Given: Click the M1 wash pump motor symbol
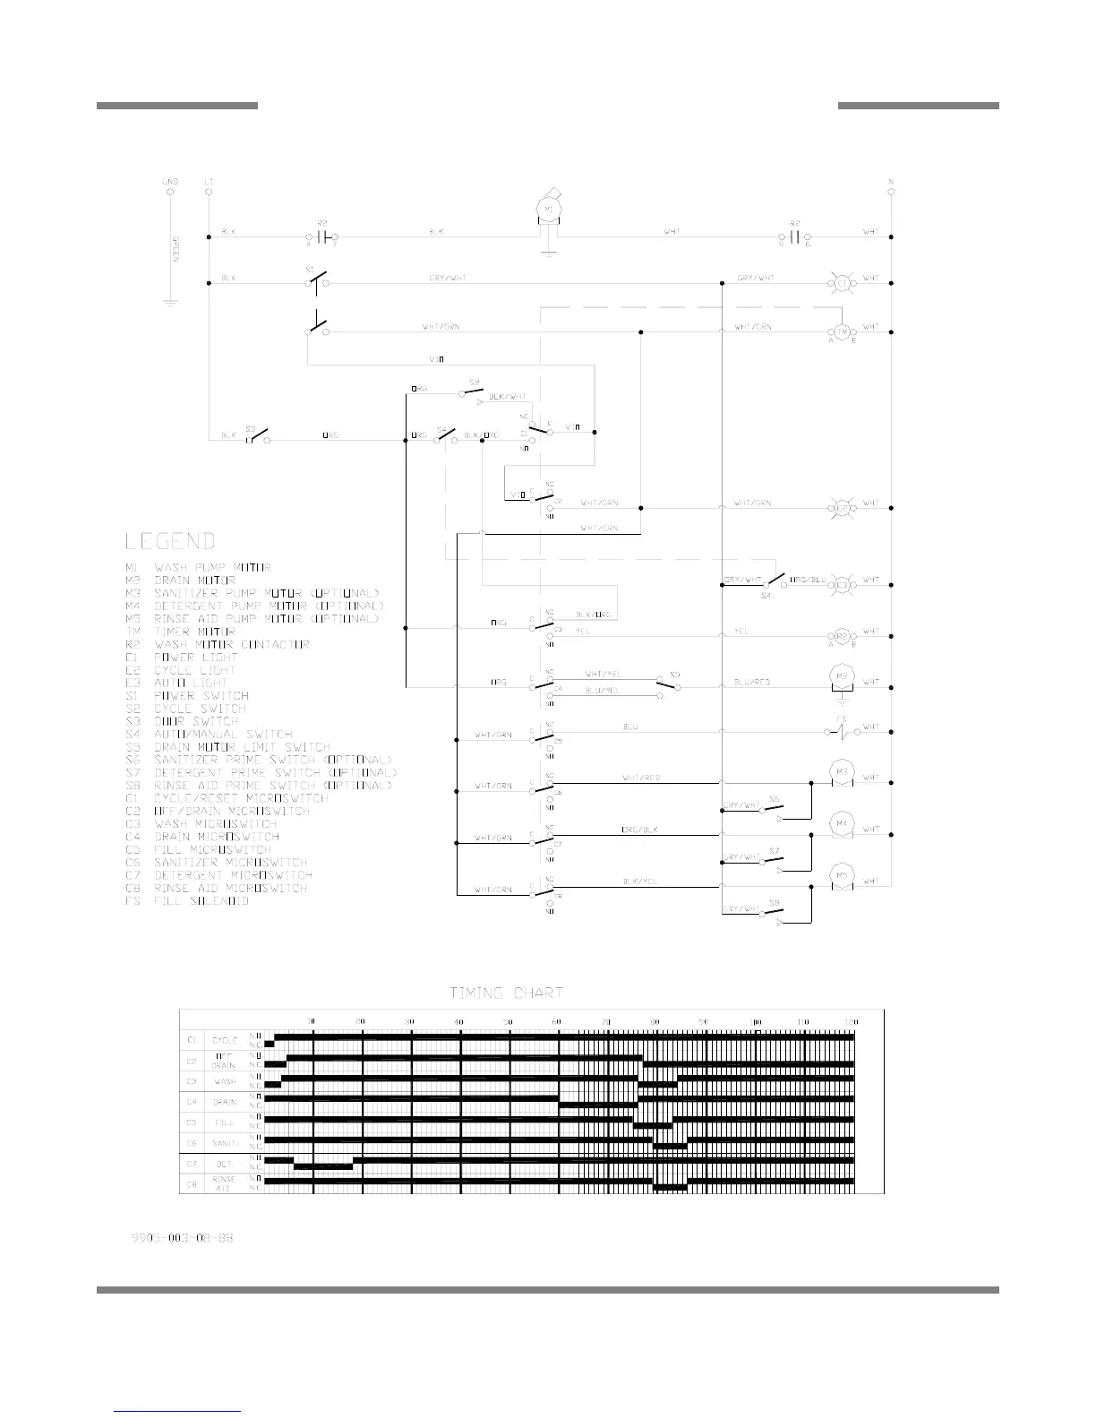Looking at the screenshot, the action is pos(548,210).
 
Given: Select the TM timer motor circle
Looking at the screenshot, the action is pos(842,331).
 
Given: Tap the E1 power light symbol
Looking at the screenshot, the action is pos(842,283).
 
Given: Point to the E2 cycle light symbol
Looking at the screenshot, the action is pos(842,508).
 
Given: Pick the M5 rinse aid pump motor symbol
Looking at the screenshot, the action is pos(842,876).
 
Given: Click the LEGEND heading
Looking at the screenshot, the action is pos(170,541).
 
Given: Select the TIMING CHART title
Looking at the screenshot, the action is pos(506,993).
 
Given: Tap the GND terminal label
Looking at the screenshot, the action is pos(170,182).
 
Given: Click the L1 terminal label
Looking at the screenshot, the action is pos(209,182).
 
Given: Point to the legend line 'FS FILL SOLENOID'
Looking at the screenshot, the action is pos(187,901).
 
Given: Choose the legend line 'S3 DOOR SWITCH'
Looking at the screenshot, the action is pos(183,721).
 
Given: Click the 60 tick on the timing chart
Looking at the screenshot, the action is pos(557,1021).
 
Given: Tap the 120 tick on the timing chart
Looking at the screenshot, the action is pos(852,1021).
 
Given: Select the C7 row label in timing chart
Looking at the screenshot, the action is pos(192,1164).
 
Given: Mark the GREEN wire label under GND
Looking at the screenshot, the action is pos(176,247).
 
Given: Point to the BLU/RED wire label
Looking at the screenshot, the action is pos(752,683).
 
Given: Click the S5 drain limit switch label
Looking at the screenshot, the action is pos(674,675).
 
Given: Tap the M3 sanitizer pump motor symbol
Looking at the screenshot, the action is pos(842,771).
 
